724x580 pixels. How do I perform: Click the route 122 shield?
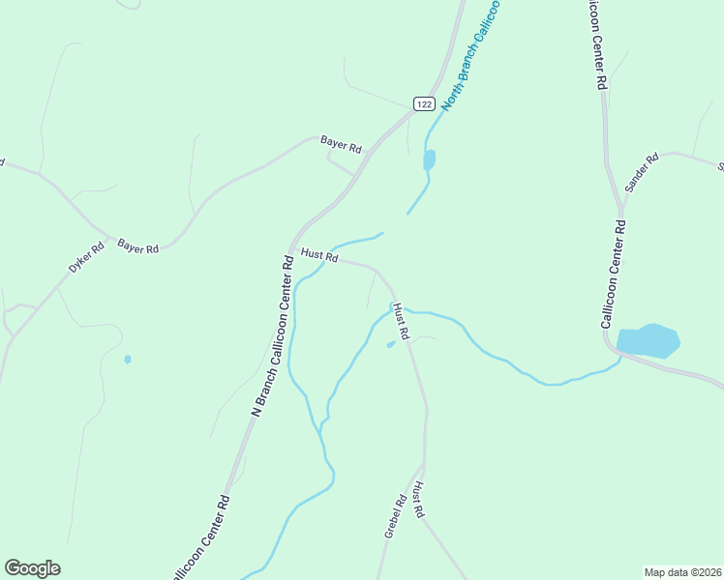coord(423,103)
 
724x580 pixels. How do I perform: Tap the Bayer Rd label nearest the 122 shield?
coord(341,144)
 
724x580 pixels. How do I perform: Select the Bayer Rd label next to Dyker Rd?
coord(137,246)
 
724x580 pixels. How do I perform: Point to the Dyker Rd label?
coord(85,255)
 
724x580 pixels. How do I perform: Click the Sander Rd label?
coord(641,171)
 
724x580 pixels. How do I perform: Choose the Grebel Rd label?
coord(395,516)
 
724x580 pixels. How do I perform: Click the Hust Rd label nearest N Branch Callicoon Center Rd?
coord(318,256)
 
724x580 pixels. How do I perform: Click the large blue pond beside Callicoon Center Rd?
coord(648,341)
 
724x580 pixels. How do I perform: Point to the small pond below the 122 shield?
coord(429,159)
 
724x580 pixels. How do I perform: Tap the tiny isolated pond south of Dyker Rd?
coord(127,360)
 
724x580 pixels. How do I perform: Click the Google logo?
coord(32,568)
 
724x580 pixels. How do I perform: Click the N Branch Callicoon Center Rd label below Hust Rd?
coord(272,334)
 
